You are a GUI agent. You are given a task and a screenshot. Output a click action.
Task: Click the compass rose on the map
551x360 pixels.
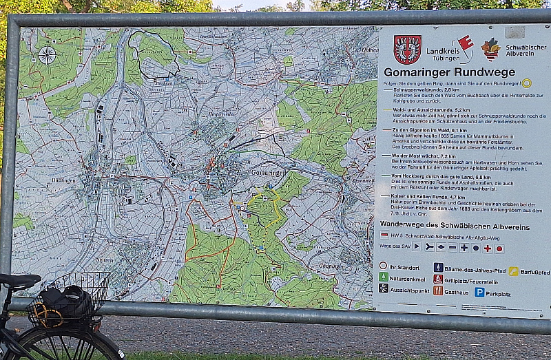[47, 55]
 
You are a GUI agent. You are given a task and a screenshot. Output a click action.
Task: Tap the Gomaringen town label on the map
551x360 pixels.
[268, 172]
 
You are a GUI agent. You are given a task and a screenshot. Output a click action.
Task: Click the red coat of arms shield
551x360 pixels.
[407, 50]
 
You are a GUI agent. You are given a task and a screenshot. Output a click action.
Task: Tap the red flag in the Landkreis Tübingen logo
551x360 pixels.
[466, 43]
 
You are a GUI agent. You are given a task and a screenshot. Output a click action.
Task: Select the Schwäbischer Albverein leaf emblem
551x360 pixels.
[490, 49]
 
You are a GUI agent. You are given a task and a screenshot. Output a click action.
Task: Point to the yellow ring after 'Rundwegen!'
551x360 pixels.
[526, 83]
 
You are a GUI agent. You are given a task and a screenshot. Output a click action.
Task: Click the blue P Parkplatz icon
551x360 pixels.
[479, 292]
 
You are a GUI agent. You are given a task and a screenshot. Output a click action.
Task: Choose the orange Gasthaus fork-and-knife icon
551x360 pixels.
[438, 290]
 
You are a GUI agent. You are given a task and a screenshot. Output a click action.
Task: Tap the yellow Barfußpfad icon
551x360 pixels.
[513, 271]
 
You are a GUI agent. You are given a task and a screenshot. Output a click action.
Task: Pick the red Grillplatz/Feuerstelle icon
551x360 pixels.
[438, 279]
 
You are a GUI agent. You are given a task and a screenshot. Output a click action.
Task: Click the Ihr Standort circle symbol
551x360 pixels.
[383, 265]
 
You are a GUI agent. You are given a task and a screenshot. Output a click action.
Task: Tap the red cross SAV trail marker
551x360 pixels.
[487, 248]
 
